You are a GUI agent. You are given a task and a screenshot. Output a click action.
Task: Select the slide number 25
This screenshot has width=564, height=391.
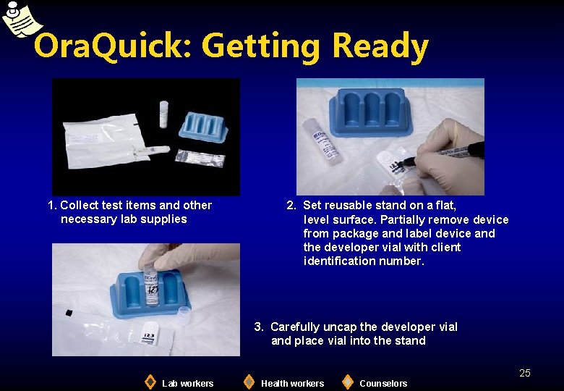[525, 373]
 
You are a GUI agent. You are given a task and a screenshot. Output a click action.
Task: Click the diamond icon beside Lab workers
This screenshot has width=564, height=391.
[150, 382]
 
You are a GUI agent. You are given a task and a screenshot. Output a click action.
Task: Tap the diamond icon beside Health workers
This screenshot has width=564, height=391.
[249, 382]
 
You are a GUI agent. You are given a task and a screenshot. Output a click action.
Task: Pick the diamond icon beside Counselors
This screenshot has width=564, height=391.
[348, 382]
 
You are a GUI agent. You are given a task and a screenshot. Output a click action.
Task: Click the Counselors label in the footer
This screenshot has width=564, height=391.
[383, 383]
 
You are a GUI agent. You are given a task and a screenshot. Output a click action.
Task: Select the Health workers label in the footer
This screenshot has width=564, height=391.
[292, 383]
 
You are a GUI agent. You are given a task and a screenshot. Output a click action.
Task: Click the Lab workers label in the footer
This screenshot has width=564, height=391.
[187, 383]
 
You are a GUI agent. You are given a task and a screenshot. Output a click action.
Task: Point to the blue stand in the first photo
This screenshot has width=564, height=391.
[204, 128]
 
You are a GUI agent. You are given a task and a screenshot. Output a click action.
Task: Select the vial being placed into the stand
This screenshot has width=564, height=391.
[151, 285]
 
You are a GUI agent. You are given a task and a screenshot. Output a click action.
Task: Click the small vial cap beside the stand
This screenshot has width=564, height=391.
[183, 314]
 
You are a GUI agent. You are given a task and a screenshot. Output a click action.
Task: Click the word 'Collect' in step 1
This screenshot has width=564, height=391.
[80, 205]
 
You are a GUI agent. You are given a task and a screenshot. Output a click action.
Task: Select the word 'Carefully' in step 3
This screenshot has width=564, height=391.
[296, 327]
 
